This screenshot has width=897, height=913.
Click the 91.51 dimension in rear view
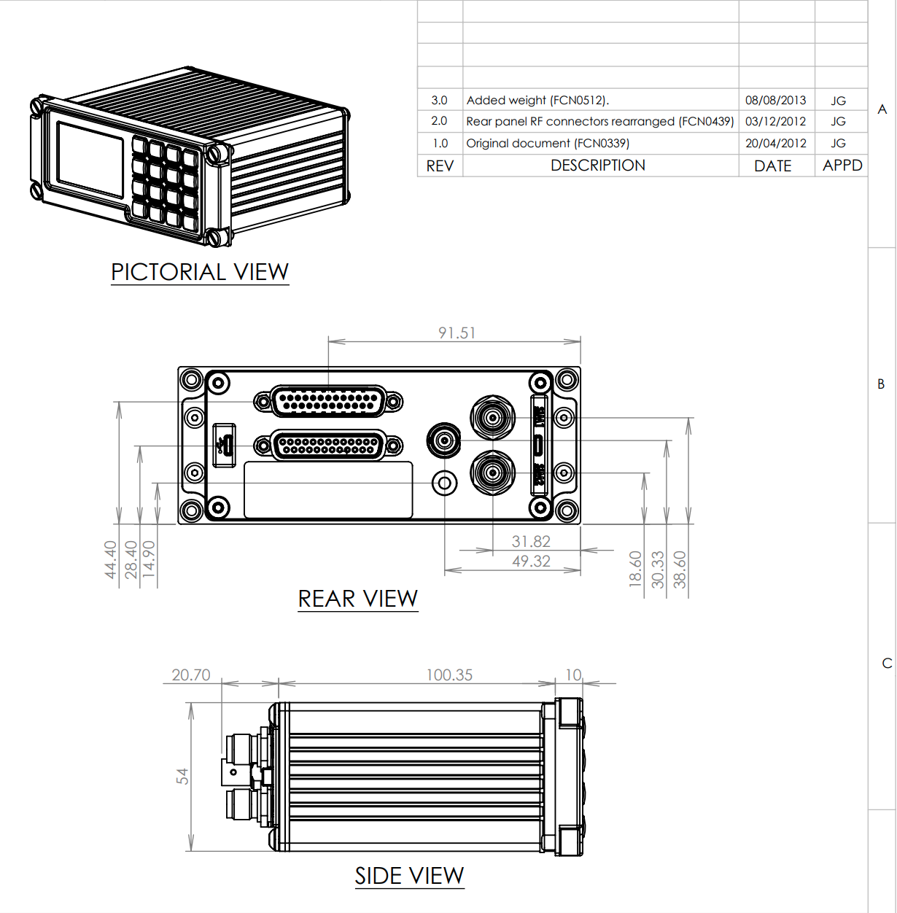(457, 333)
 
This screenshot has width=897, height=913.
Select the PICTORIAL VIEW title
(200, 272)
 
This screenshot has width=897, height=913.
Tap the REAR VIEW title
(358, 599)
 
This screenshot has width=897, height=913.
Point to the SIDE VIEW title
(409, 875)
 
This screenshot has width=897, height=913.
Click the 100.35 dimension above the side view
(449, 675)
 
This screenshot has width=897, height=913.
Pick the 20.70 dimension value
(190, 675)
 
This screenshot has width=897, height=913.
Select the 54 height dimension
(182, 776)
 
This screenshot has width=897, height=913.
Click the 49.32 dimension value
(531, 561)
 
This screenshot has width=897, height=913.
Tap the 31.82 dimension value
(531, 541)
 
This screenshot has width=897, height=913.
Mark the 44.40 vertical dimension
(110, 559)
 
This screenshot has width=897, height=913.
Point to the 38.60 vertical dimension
(680, 569)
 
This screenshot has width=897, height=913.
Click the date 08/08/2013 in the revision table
(775, 100)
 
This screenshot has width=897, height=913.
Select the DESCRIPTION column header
(597, 166)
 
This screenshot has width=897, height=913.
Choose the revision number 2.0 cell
(439, 121)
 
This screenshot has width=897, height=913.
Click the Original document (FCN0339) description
(548, 143)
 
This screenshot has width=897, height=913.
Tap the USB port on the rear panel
(225, 444)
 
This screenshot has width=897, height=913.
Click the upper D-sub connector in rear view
(328, 401)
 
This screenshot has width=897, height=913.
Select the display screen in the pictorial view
(90, 160)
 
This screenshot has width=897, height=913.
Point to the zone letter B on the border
(881, 384)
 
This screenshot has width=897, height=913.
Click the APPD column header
(842, 166)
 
